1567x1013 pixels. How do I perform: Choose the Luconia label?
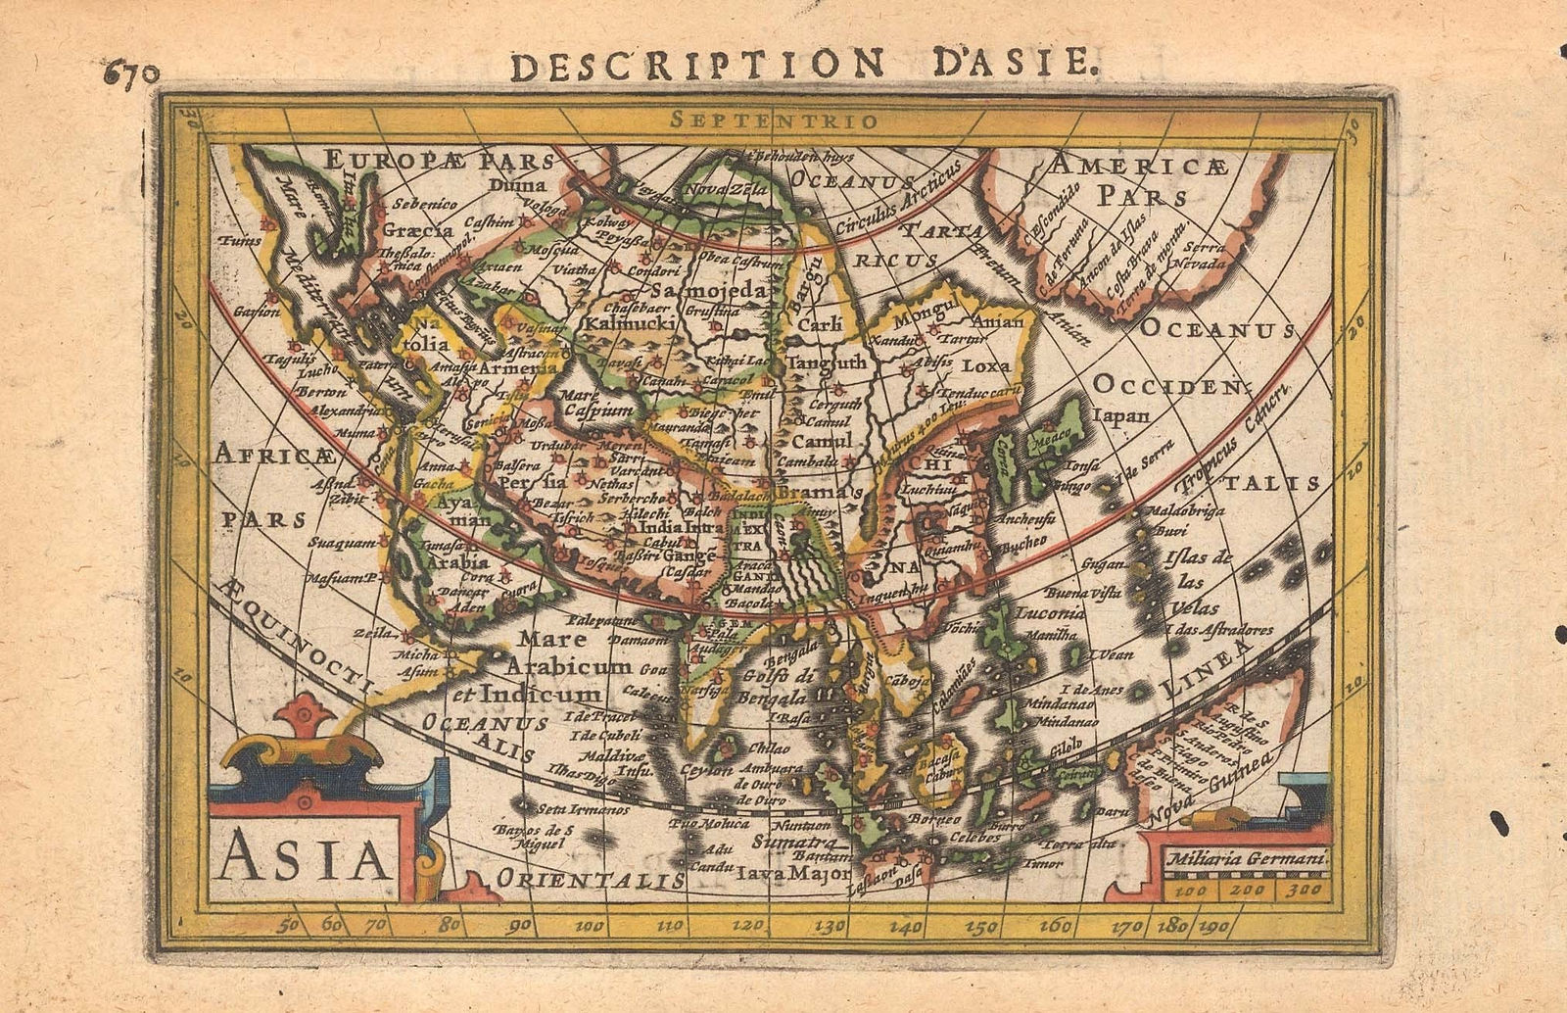click(x=1050, y=614)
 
